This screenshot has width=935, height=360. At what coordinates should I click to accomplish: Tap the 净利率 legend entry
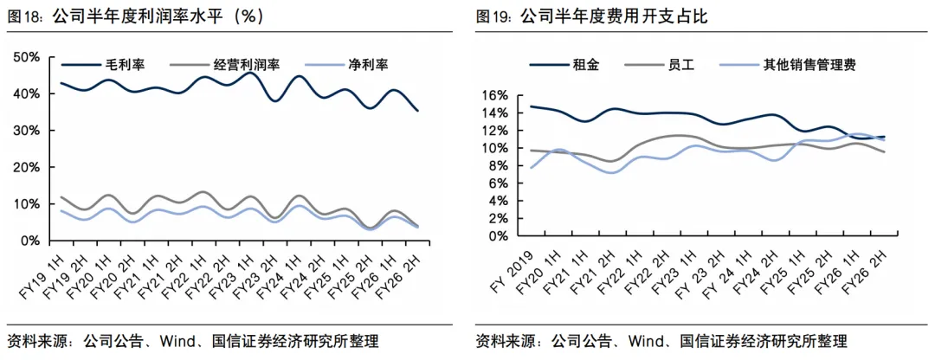(346, 64)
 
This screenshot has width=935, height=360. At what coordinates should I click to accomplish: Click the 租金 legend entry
(564, 64)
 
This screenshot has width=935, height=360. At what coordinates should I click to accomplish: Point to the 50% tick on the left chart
(27, 57)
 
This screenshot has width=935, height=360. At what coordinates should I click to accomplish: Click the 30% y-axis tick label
(27, 131)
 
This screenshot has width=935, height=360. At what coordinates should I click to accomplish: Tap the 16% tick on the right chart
(495, 95)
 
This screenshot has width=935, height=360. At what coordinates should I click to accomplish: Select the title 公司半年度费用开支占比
(614, 16)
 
